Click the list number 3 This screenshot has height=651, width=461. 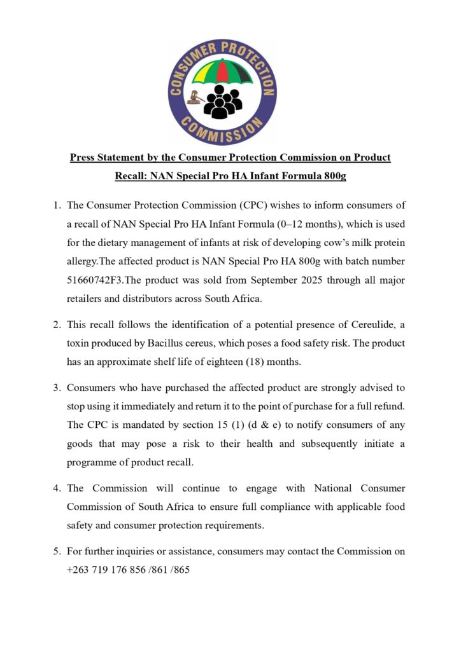(x=57, y=388)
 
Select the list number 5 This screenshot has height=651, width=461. (x=57, y=552)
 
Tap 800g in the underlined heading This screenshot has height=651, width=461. (x=332, y=175)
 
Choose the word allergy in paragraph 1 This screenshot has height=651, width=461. (x=83, y=262)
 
